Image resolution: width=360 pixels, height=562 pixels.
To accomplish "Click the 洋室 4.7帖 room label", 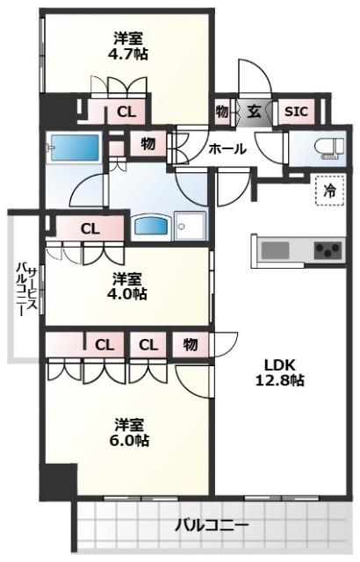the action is pos(127,46).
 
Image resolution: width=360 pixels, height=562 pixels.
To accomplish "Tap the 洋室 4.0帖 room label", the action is pos(126,286).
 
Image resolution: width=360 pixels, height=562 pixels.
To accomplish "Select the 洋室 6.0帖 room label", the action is pos(129,432).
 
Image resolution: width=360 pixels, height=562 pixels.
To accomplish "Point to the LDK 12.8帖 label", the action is pos(280,372).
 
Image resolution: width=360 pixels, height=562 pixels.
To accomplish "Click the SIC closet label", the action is pos(296,112).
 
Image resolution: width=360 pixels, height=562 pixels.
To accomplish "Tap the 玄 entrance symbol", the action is pos(255,112).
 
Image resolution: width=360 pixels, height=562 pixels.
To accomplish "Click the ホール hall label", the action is pos(227,148).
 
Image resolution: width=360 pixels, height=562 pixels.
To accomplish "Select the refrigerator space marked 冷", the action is pos(330,191).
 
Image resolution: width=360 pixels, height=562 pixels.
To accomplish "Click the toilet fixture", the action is pos(329,148).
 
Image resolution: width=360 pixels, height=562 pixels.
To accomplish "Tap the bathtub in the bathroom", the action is pos(75,148).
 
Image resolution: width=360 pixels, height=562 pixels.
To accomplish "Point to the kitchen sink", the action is pos(275,249).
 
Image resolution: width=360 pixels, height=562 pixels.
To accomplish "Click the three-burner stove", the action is pos(328,250).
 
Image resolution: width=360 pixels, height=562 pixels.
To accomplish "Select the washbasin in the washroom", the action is pos(151,227).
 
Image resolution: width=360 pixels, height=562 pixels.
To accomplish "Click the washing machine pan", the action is pos(191,226).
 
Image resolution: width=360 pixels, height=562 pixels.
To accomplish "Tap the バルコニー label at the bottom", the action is pos(212,526).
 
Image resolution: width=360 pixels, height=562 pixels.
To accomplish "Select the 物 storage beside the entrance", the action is pos(222,112).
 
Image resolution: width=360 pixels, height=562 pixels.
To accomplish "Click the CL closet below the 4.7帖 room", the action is pos(126,112).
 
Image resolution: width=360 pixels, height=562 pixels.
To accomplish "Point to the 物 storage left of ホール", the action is pos(148,144).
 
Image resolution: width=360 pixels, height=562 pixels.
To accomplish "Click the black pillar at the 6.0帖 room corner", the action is pos(58,482).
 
